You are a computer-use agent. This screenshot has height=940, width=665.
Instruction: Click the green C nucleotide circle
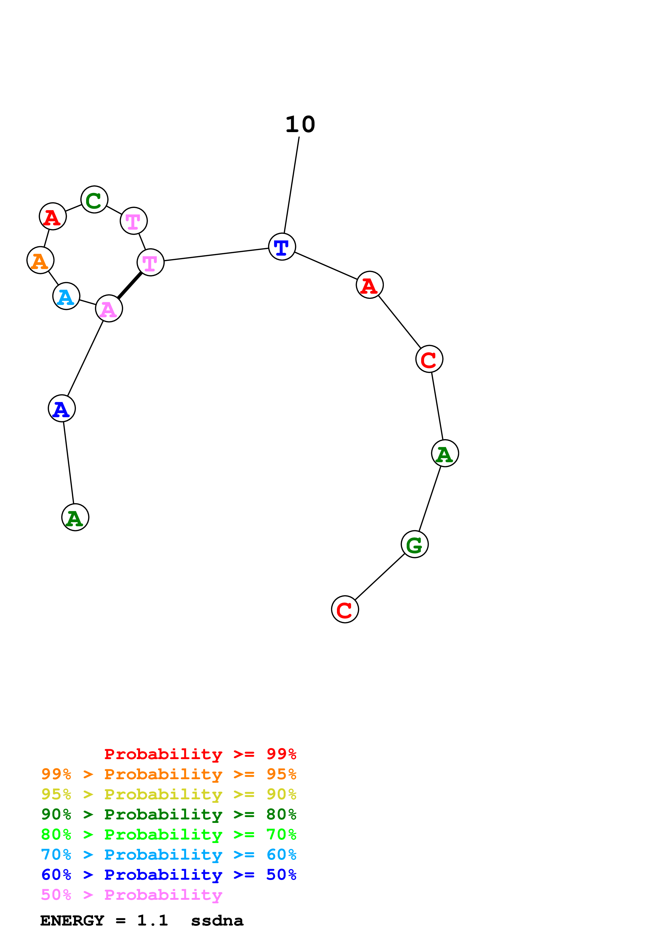point(94,200)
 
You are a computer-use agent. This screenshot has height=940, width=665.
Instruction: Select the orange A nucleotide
point(40,260)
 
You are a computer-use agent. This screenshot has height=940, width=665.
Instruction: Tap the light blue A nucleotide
point(66,296)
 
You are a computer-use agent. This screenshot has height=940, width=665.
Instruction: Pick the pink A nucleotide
point(109,309)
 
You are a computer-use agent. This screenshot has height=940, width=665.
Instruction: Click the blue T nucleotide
point(282,247)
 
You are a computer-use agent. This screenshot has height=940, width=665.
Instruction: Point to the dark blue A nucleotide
point(61,409)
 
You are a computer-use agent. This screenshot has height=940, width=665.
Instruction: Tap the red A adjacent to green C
point(53,216)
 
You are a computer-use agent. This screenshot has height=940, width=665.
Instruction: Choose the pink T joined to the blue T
point(150,262)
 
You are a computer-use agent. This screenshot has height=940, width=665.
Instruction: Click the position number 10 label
point(300,124)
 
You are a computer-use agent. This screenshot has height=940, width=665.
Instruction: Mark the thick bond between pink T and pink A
point(130,285)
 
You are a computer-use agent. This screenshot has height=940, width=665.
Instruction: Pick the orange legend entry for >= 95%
point(168,774)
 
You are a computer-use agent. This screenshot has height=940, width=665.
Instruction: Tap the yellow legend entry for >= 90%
point(168,794)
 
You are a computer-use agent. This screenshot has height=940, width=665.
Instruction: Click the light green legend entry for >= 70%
point(168,834)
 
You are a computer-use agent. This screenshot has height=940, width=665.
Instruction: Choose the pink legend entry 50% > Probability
point(131,895)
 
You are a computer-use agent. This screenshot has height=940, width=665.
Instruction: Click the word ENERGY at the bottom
point(72,921)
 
